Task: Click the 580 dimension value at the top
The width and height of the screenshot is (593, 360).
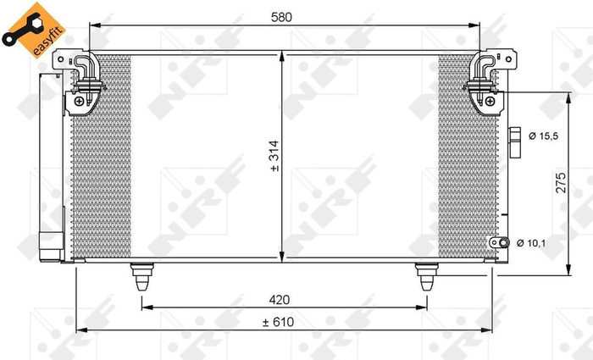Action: point(281,15)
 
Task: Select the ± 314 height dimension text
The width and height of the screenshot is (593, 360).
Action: point(274,158)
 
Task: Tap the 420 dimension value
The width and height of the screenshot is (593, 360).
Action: point(281,298)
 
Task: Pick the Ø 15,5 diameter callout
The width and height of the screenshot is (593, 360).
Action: point(542,136)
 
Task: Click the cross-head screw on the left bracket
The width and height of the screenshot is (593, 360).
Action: point(79,102)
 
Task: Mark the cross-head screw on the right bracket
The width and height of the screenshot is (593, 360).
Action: point(490,102)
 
